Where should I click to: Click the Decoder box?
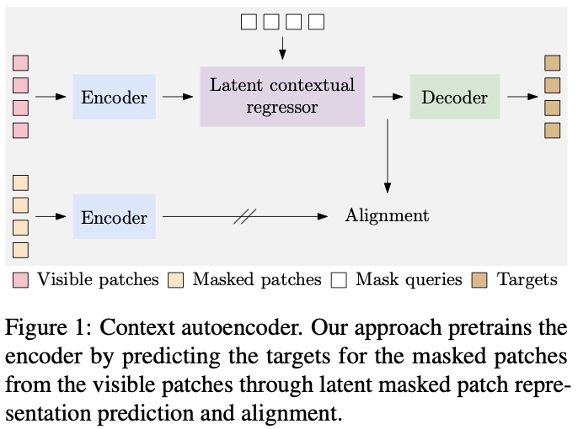pos(455,97)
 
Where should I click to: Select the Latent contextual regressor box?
pos(282,97)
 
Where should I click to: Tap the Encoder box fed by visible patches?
pos(115,97)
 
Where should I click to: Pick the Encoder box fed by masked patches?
pos(115,217)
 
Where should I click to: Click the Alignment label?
pos(387,215)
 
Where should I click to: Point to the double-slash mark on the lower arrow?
pos(244,217)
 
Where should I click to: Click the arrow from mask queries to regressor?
pos(282,48)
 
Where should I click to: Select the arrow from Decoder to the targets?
pos(522,97)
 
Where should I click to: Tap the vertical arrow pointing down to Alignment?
pos(388,156)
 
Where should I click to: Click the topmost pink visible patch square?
pos(20,63)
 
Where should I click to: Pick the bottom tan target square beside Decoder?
pos(552,130)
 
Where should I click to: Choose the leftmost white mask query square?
pos(249,22)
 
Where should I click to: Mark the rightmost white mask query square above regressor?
pos(316,22)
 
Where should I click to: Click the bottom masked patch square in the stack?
pos(20,250)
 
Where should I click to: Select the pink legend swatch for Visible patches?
pos(20,280)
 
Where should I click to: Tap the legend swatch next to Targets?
pos(479,280)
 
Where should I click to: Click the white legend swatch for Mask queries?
pos(339,280)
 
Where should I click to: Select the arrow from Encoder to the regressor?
pos(178,97)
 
